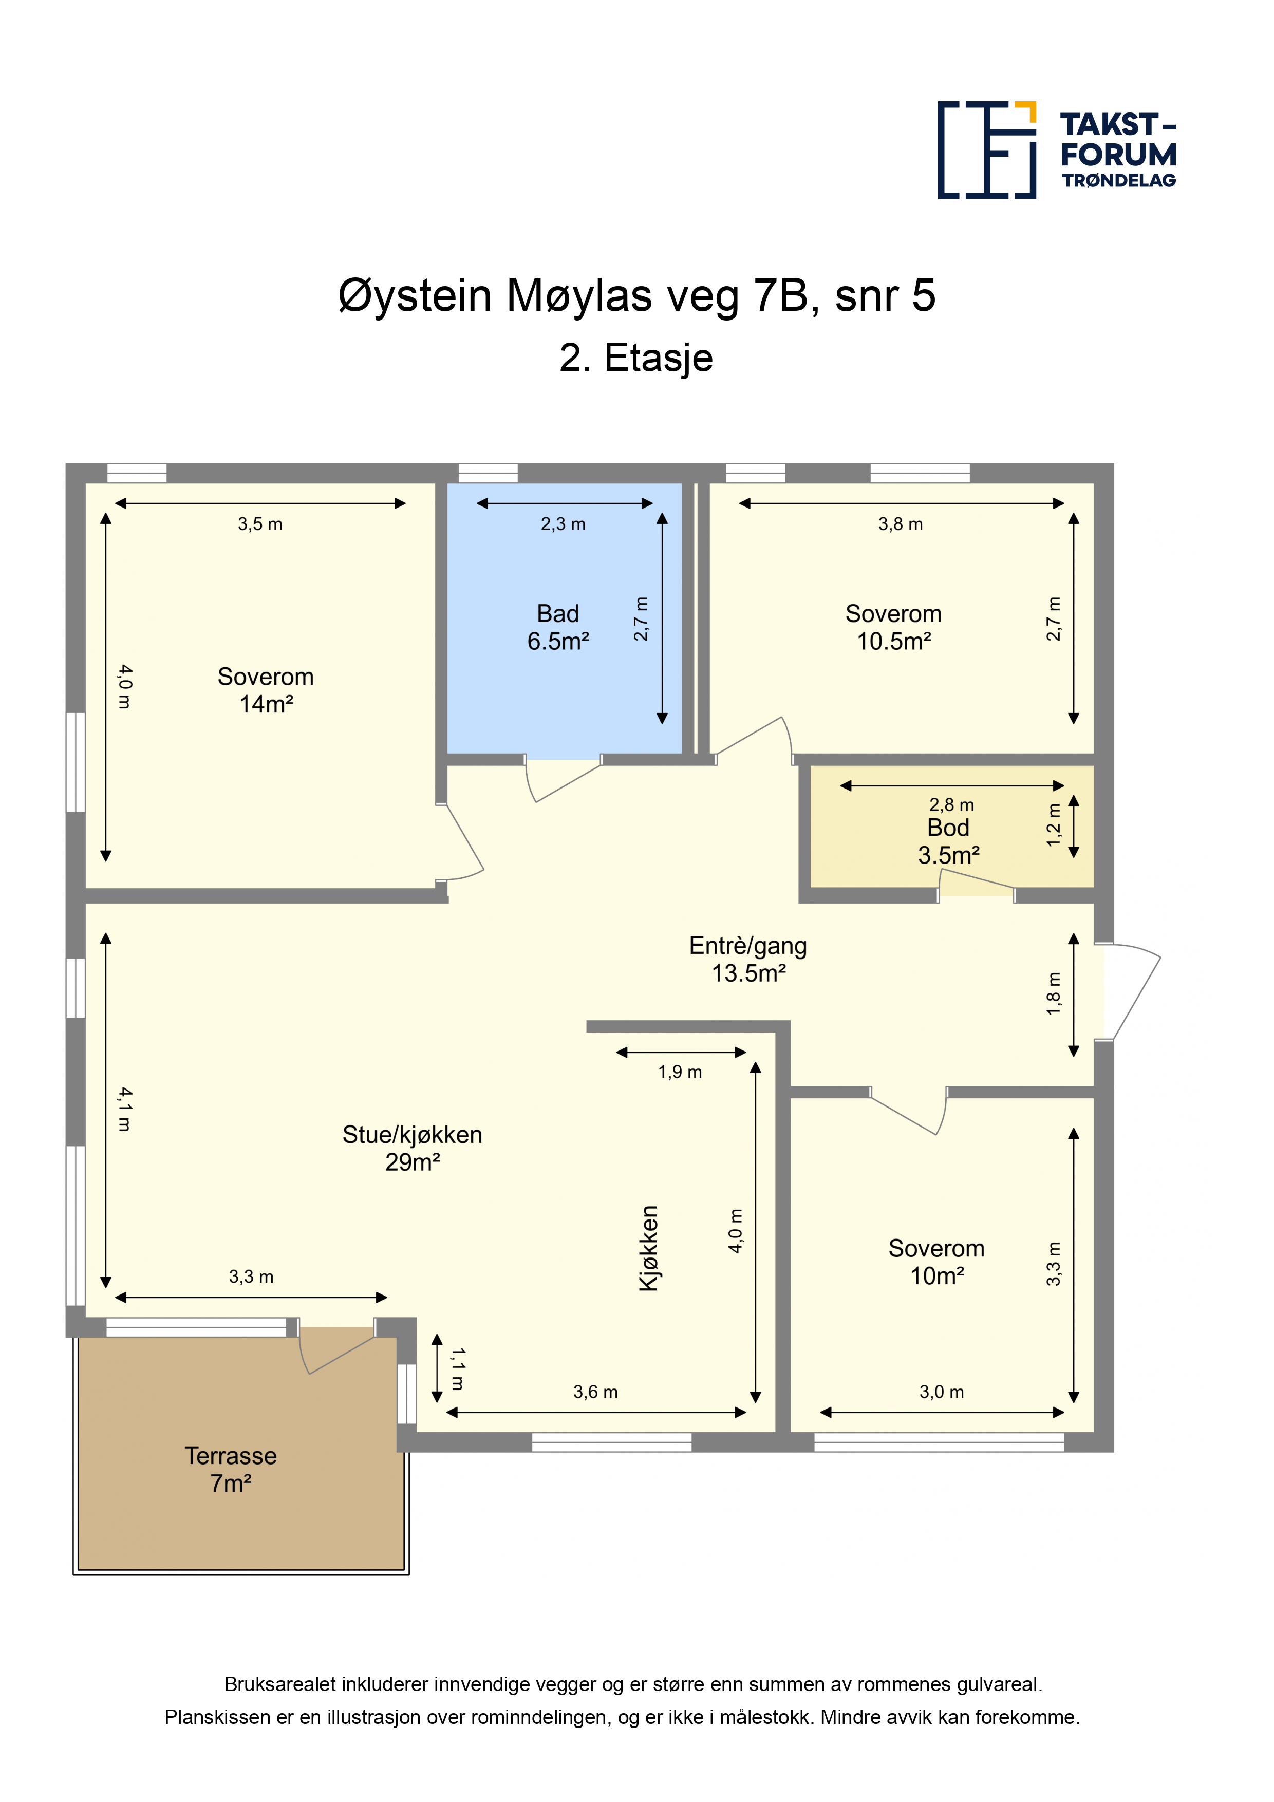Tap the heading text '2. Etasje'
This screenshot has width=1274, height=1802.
pyautogui.click(x=636, y=358)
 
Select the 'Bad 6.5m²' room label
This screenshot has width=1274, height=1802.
pyautogui.click(x=558, y=627)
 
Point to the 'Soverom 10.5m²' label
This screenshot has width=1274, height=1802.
pyautogui.click(x=893, y=627)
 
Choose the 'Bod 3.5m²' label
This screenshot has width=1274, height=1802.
pyautogui.click(x=948, y=841)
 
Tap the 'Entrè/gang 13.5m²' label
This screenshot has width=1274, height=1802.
pyautogui.click(x=748, y=959)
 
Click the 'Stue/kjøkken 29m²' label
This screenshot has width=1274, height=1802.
pyautogui.click(x=412, y=1148)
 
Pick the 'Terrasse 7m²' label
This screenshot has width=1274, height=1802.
pyautogui.click(x=231, y=1469)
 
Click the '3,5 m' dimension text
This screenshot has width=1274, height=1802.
pyautogui.click(x=260, y=524)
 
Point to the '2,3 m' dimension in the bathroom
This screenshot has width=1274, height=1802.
pyautogui.click(x=563, y=524)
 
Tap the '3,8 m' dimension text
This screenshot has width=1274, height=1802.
pyautogui.click(x=901, y=524)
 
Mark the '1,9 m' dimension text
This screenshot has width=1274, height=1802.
pyautogui.click(x=680, y=1072)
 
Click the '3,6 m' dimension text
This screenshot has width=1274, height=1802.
pyautogui.click(x=595, y=1392)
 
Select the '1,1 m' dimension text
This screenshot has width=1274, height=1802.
pyautogui.click(x=457, y=1369)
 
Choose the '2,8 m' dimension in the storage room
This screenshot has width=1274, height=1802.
pyautogui.click(x=951, y=805)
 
